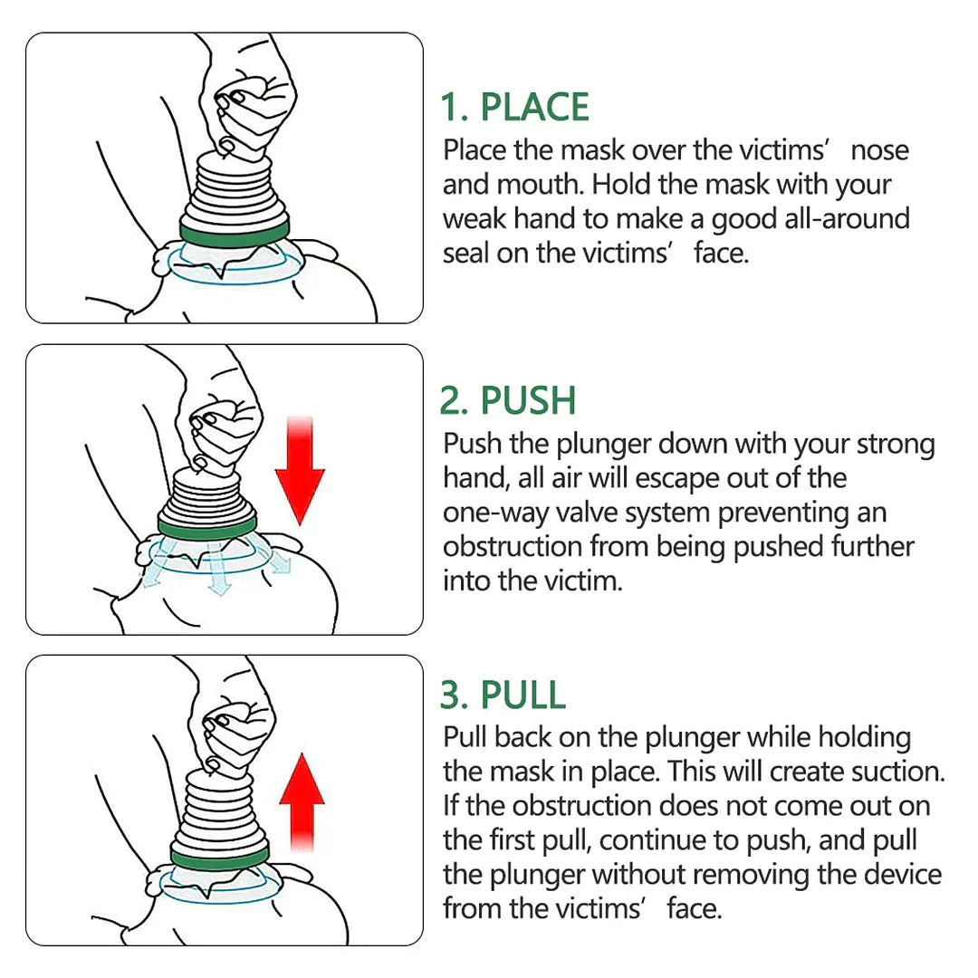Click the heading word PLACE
coord(534,107)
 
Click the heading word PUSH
coord(528,400)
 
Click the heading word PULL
coord(523,695)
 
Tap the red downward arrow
coord(299,471)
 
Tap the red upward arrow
coord(302,801)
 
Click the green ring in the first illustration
coord(235,232)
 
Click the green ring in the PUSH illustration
coord(206,526)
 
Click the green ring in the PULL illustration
coord(220,855)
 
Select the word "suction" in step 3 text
coord(896,772)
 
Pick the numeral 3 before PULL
coord(451,695)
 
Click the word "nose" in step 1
coord(879,150)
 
